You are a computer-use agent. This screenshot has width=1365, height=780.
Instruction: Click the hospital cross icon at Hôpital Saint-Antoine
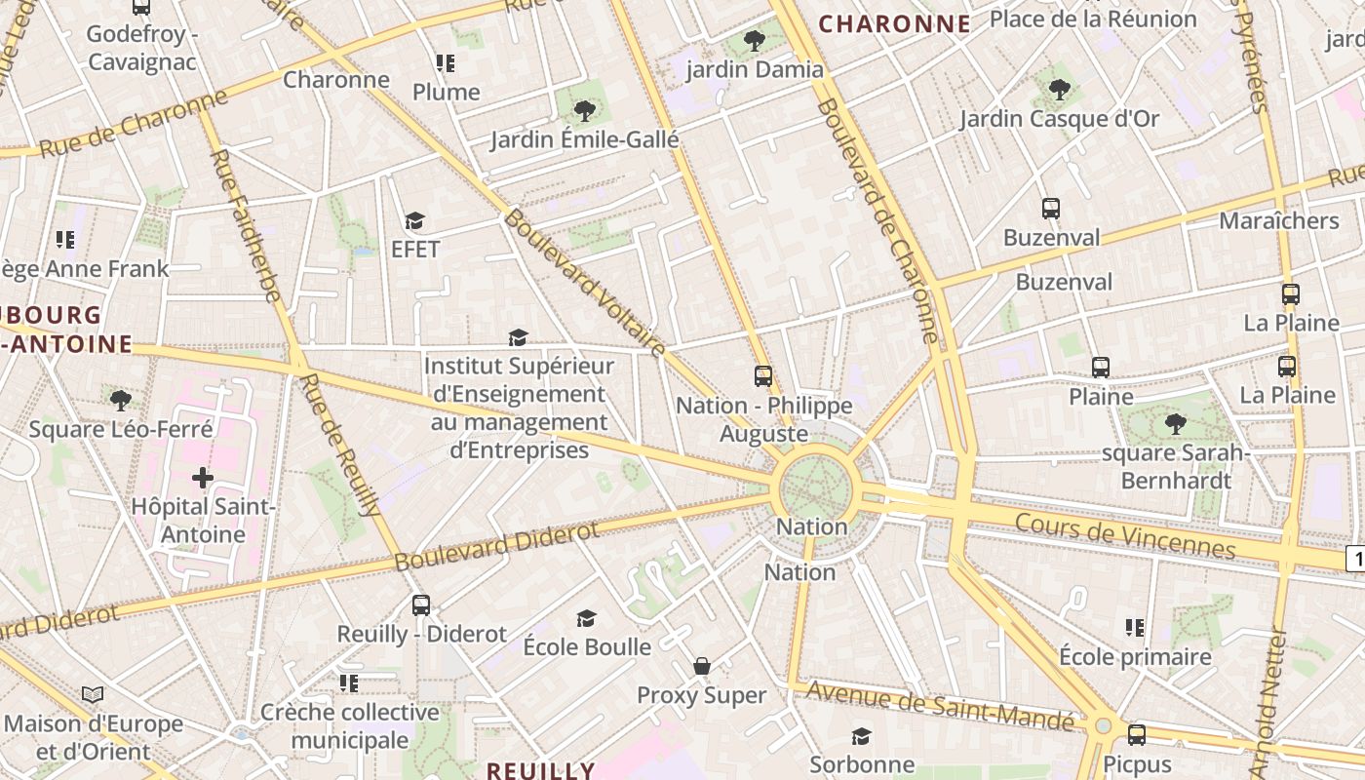203,478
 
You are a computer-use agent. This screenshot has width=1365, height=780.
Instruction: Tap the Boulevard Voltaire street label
585,284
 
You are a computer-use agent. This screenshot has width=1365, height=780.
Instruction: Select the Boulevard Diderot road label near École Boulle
497,546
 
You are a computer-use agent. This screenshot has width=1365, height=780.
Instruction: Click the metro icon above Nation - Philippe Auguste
763,375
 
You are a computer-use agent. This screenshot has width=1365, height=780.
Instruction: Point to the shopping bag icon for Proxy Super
701,666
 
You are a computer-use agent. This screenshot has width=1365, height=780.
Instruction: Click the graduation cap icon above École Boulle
586,618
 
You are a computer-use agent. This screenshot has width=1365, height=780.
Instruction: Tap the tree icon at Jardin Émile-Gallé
585,111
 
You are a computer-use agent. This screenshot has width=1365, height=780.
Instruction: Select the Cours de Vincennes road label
1125,536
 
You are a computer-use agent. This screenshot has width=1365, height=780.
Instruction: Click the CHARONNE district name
894,24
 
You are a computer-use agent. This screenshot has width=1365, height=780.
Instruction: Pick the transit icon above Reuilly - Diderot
421,604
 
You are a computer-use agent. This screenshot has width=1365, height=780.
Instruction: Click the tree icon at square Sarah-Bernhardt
1176,424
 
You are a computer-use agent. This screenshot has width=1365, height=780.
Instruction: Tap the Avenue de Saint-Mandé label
941,706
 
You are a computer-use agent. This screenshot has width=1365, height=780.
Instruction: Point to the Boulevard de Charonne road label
877,219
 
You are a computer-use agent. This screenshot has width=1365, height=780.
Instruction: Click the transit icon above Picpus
1137,735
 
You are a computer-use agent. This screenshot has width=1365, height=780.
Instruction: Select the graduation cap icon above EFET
415,220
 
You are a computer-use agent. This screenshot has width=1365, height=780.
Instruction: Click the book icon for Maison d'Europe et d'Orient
93,694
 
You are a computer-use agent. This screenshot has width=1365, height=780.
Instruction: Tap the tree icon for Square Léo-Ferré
121,400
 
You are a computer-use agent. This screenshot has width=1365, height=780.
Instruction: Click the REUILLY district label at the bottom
540,770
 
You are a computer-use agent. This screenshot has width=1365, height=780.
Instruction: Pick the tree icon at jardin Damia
754,40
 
